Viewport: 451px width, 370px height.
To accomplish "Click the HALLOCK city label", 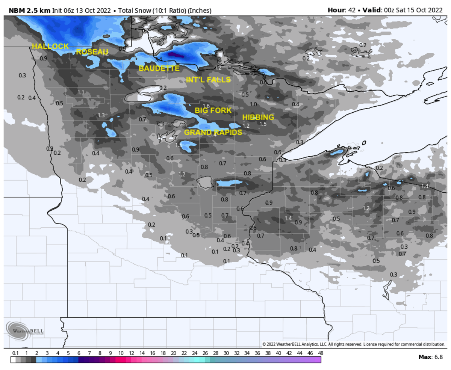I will coord(50,46).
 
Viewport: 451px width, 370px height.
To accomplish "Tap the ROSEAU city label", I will coord(92,52).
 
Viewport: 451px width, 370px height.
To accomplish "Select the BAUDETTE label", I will coord(159,68).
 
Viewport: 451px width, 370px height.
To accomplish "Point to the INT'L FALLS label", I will coord(208,80).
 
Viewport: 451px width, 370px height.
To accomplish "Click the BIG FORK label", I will coord(213,110).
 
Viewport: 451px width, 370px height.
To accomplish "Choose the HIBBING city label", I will coord(258,117).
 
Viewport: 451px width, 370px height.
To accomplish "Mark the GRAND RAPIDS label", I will coord(213,132).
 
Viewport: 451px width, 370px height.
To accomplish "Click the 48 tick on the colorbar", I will coord(320,353).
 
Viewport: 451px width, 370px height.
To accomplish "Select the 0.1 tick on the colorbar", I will coord(15,353).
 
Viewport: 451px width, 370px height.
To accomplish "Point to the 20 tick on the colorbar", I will coord(173,353).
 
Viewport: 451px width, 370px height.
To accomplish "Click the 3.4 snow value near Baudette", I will coord(159,59).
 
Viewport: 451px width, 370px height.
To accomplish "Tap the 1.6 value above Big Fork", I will coord(206,106).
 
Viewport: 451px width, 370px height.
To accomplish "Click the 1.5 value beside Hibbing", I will coord(263,124).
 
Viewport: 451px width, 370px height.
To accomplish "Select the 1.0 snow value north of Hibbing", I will coord(253,104).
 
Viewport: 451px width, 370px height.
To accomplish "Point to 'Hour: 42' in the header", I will coord(340,10).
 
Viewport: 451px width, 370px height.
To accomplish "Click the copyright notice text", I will coord(353,344).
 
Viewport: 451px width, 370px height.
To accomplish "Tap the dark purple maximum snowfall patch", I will coord(177,55).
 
